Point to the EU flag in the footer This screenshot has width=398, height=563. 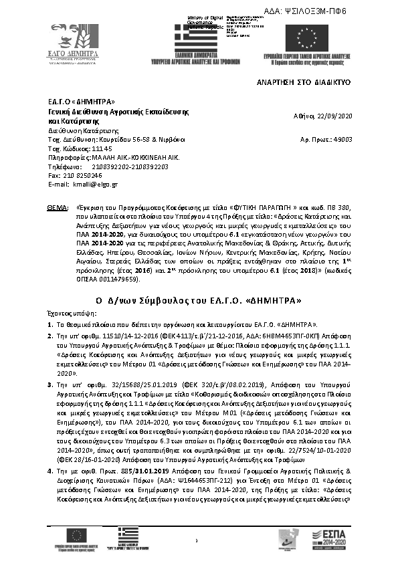click(x=75, y=534)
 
